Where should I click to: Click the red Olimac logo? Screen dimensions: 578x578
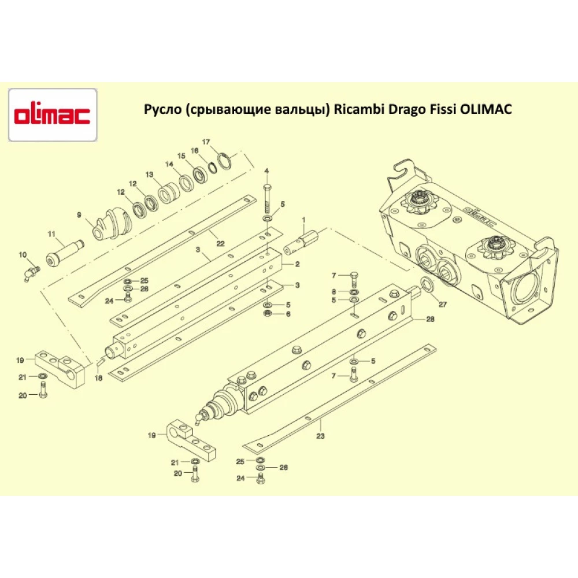pyautogui.click(x=53, y=115)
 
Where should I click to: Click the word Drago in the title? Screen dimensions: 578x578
pyautogui.click(x=405, y=109)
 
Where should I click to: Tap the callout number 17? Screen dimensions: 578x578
pyautogui.click(x=206, y=142)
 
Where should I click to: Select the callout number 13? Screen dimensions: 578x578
pyautogui.click(x=149, y=175)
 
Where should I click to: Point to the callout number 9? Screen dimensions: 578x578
pyautogui.click(x=79, y=215)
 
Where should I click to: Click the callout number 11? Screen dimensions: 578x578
pyautogui.click(x=51, y=234)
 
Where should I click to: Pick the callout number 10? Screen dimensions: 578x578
pyautogui.click(x=23, y=255)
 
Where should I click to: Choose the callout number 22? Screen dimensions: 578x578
pyautogui.click(x=220, y=244)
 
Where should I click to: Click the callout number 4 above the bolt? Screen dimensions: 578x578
pyautogui.click(x=266, y=171)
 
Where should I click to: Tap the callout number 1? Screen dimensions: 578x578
pyautogui.click(x=304, y=220)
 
